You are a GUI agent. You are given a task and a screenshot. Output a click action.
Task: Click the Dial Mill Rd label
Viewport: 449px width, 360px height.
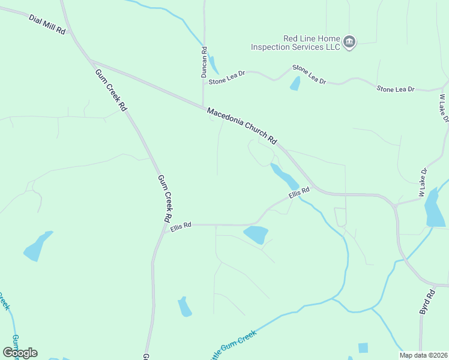click(46, 25)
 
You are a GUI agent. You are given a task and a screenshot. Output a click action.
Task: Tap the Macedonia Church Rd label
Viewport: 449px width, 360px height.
click(242, 126)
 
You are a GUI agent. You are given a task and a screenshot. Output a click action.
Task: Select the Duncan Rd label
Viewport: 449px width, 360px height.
click(204, 62)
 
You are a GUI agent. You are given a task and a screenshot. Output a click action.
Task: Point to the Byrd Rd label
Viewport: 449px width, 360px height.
click(426, 303)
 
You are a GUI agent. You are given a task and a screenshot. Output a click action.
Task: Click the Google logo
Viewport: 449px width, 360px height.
click(20, 353)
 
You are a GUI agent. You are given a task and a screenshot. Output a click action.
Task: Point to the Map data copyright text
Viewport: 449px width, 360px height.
click(423, 355)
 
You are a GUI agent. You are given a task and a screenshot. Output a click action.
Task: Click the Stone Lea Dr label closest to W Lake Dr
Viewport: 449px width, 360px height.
click(395, 89)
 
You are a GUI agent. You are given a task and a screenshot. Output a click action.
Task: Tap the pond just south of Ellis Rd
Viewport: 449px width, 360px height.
click(256, 233)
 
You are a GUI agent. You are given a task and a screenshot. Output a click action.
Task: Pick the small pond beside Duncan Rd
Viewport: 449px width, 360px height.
click(214, 65)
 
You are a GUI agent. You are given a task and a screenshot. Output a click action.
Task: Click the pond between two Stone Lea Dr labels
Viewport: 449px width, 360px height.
click(295, 83)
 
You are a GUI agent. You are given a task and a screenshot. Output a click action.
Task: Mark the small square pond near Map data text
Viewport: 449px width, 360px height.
click(363, 347)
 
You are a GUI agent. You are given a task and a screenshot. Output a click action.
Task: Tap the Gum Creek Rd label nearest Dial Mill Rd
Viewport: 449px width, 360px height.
click(111, 89)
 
